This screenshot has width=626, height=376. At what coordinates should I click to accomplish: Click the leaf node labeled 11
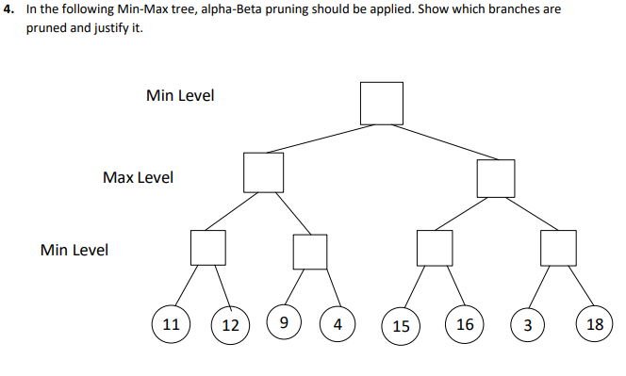point(171,323)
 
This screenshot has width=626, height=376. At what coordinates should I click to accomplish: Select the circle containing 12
point(230,325)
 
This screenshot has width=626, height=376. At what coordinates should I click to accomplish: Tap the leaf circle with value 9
point(284,323)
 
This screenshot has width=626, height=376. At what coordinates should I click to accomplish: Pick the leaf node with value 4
point(337,325)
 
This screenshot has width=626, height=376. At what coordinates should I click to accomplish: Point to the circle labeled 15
point(401,326)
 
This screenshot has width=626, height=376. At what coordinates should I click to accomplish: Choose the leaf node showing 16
point(465,324)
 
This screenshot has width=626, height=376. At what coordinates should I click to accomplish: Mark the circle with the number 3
point(527,325)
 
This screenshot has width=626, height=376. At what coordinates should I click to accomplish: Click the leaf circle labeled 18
point(594,324)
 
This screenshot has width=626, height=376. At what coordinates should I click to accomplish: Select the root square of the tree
point(382,103)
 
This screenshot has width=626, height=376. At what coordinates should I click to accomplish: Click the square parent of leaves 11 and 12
point(208,247)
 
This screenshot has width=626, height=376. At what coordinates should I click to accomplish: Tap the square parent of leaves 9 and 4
point(309,251)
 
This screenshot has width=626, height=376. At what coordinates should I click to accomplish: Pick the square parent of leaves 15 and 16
point(436,247)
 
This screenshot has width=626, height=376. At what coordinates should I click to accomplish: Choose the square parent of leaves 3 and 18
point(557,247)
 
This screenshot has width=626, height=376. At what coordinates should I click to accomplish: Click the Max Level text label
point(138,177)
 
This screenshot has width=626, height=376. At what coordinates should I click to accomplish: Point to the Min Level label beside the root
point(180,95)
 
